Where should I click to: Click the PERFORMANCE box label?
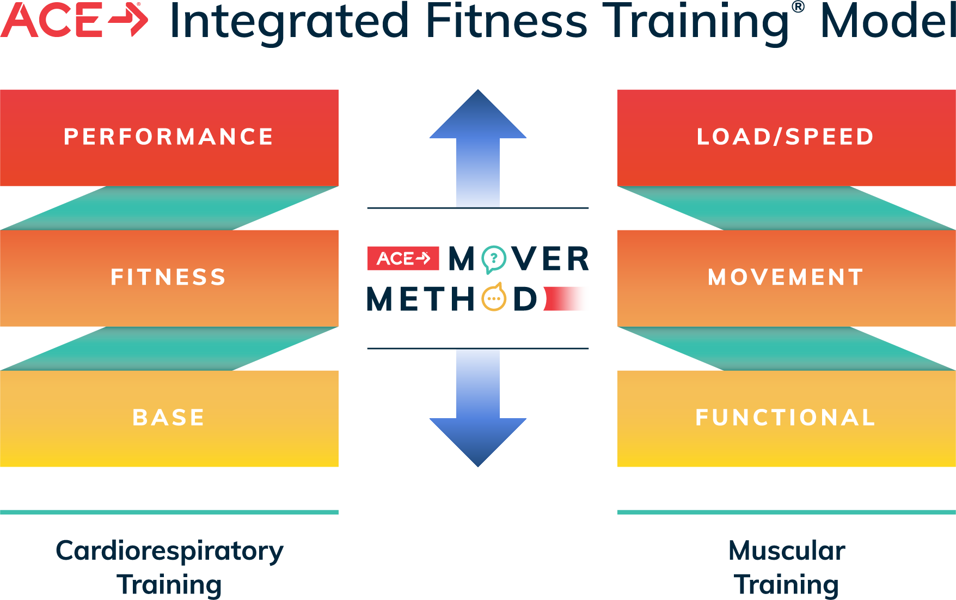point(169,137)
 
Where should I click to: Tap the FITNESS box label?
point(169,277)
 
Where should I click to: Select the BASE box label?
point(169,418)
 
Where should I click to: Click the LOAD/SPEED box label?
point(786,137)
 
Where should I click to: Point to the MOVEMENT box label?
point(786,277)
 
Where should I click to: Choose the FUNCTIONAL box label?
point(786,418)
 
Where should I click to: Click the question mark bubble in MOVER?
point(494,259)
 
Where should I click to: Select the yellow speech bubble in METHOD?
point(494,298)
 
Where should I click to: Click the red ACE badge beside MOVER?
point(403,259)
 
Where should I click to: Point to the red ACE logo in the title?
point(74,21)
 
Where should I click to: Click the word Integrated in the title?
point(289,22)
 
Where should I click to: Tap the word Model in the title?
point(887,22)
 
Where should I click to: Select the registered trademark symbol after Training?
point(798,8)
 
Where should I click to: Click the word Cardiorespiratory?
point(169,551)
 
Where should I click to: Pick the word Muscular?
point(787,551)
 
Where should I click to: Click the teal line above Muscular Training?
point(787,512)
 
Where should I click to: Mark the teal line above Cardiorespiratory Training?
point(169,512)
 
